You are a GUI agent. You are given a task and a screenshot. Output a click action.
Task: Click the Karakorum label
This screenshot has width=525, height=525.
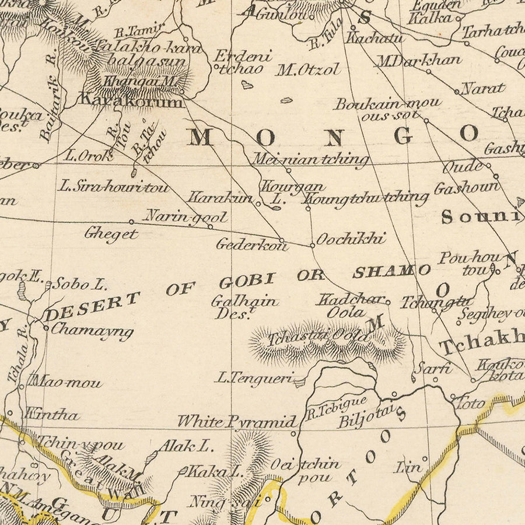(x=131, y=101)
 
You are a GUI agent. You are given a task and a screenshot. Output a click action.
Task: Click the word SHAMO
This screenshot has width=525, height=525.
(x=391, y=271)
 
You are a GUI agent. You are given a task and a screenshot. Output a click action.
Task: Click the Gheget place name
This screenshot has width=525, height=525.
(x=111, y=235)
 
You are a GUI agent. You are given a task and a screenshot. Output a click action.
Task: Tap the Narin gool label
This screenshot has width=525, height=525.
(x=185, y=216)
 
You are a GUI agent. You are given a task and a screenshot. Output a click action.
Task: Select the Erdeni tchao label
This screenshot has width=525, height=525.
(x=243, y=62)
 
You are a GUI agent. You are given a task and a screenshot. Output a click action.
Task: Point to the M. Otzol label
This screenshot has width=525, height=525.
(x=307, y=70)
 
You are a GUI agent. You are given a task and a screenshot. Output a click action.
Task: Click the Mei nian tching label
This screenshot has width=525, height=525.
(x=310, y=159)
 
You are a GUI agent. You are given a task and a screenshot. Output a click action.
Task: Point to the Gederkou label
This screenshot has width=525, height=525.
(x=252, y=245)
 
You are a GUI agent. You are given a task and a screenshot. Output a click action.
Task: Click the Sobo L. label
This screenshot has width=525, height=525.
(x=79, y=285)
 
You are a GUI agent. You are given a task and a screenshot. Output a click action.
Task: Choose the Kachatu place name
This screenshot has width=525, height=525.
(x=374, y=38)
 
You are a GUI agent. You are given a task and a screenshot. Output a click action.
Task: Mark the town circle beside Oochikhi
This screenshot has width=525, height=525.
(x=313, y=245)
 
